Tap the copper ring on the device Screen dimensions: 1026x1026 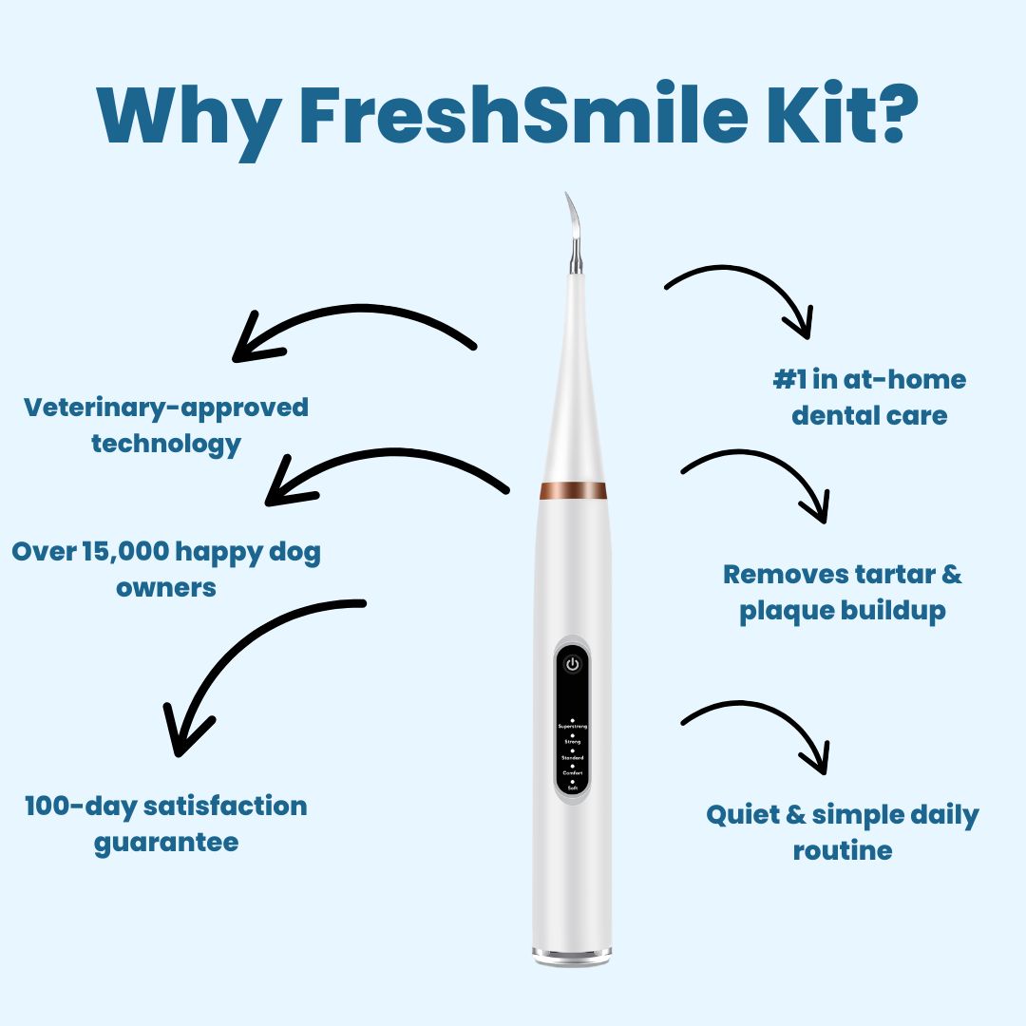click(x=573, y=490)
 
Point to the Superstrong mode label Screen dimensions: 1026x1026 click(x=572, y=727)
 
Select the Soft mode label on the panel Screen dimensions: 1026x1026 click(x=572, y=788)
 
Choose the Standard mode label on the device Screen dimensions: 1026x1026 click(x=572, y=757)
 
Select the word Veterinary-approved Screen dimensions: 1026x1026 click(x=166, y=408)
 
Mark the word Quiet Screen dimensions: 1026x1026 click(x=747, y=815)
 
